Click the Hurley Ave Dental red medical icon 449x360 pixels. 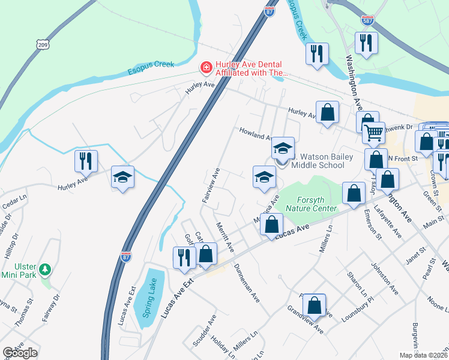coord(206,67)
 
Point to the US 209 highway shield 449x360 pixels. coord(42,44)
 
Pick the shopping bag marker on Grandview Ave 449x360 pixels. coord(314,305)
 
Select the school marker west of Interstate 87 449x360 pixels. coord(122,178)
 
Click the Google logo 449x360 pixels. coord(20,353)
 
